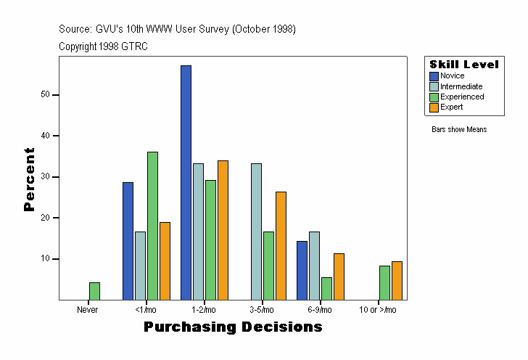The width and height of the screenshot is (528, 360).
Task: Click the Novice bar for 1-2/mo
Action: tap(186, 182)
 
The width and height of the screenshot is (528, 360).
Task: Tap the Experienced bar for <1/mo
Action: tap(152, 226)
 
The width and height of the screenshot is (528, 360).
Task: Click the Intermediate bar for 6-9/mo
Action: tap(314, 266)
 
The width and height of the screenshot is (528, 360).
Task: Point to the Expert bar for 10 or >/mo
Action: tap(397, 280)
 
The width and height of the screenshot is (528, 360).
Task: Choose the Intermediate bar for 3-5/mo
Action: tap(256, 232)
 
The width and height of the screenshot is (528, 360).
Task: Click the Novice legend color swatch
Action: tap(434, 76)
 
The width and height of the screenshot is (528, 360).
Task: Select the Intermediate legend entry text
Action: tap(461, 86)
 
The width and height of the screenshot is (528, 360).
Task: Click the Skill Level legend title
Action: tap(464, 65)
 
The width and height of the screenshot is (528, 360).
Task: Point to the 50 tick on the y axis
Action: tap(45, 94)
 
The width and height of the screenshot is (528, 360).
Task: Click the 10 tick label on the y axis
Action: tap(45, 259)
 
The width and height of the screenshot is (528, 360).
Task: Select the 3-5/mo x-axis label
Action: tap(263, 310)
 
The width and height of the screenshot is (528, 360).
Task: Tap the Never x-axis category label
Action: tap(88, 310)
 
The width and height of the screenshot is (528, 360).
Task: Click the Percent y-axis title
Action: tap(29, 179)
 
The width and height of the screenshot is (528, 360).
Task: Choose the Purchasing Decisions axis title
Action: tap(233, 327)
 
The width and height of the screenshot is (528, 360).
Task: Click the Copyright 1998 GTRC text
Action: tap(103, 46)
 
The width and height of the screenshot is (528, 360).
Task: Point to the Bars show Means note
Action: tap(459, 129)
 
